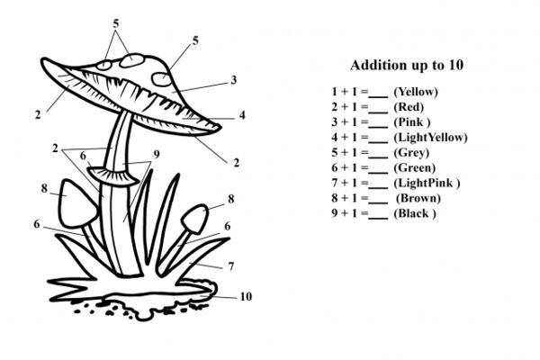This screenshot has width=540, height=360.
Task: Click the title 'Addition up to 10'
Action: (x=407, y=65)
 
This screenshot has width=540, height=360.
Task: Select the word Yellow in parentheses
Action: (x=416, y=92)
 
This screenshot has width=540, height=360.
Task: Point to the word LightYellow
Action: (x=430, y=137)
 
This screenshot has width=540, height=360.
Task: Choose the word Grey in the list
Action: (x=411, y=153)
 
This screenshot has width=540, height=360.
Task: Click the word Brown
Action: (x=418, y=198)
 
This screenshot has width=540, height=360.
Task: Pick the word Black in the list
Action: (x=413, y=213)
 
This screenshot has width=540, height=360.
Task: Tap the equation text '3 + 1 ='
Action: (x=349, y=122)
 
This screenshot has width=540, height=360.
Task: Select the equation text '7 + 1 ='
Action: (x=349, y=183)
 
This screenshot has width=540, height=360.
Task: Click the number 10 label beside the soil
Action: (x=246, y=297)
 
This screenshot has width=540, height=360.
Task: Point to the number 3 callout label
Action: (x=234, y=80)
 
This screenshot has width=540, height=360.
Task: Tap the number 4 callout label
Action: (x=242, y=115)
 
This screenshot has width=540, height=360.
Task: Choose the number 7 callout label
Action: (x=231, y=266)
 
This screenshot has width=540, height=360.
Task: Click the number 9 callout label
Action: (x=157, y=155)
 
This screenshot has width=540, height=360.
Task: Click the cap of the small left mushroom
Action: (x=76, y=204)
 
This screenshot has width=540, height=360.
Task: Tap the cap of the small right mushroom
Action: (x=194, y=218)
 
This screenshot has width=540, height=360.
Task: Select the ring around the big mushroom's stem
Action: (x=113, y=175)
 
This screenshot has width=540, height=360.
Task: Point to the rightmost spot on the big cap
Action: (x=161, y=79)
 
